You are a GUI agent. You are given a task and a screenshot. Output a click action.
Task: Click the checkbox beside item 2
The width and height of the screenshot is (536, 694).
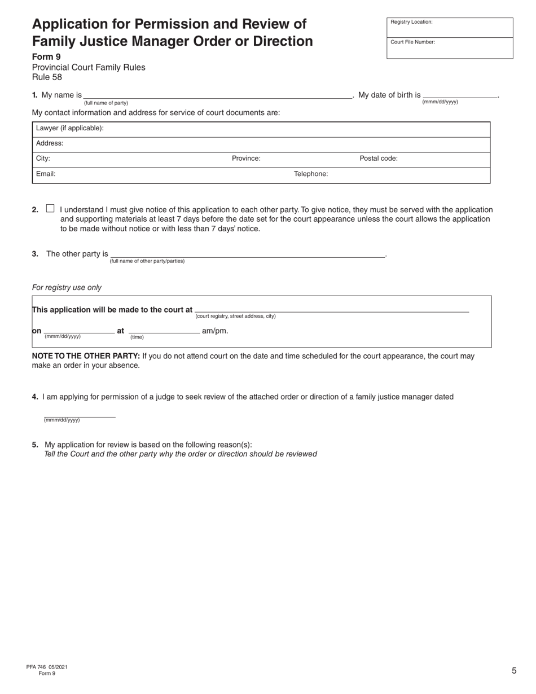(x=50, y=208)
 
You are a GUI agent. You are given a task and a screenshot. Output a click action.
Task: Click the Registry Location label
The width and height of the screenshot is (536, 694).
(x=411, y=22)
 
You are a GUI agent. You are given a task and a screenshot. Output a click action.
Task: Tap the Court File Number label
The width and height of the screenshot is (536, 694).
(x=412, y=42)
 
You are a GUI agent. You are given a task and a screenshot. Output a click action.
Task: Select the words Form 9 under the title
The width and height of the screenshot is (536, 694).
(x=46, y=57)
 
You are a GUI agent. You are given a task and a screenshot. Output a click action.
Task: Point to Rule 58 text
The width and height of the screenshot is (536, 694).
(x=47, y=77)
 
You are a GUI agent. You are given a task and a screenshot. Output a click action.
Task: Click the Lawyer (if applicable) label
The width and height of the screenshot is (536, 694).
(x=69, y=128)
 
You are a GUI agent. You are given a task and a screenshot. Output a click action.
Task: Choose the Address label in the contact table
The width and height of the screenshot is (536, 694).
(x=50, y=143)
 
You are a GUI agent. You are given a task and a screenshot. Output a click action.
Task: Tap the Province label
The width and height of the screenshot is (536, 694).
(x=246, y=159)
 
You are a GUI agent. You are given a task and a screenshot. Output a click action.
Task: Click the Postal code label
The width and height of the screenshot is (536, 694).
(x=379, y=159)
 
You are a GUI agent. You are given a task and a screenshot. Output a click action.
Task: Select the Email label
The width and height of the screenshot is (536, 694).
(x=46, y=174)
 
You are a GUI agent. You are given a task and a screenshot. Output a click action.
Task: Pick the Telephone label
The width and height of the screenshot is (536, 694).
(x=311, y=174)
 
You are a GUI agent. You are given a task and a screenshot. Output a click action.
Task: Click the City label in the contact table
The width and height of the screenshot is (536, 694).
(x=43, y=159)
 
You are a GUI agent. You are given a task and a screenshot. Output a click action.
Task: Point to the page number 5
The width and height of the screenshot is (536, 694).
(x=514, y=671)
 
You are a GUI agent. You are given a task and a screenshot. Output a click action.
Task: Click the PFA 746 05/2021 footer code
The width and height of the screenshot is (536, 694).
(x=47, y=667)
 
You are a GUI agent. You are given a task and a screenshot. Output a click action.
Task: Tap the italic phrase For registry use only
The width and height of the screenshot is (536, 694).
(x=67, y=287)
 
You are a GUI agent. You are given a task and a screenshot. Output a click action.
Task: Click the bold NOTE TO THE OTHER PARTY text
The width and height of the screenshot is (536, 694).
(x=86, y=356)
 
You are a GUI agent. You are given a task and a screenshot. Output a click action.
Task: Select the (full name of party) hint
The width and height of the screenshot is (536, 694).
(x=106, y=103)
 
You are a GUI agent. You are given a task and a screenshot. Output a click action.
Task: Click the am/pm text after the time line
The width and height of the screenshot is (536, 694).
(x=215, y=331)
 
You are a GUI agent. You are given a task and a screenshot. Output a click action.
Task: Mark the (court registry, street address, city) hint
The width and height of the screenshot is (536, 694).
(x=235, y=316)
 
